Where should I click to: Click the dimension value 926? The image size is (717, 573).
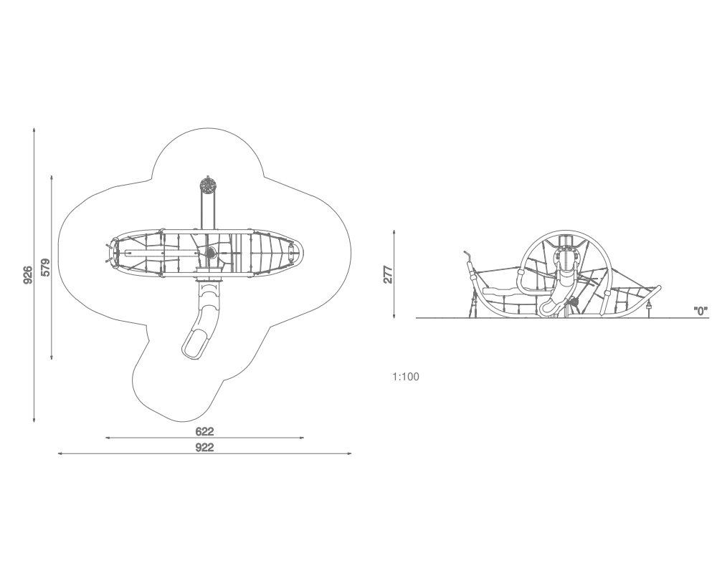pyautogui.click(x=29, y=274)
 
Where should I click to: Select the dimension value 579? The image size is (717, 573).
pyautogui.click(x=45, y=267)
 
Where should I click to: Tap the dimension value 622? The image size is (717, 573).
pyautogui.click(x=204, y=431)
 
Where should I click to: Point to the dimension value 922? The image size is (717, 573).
pyautogui.click(x=204, y=448)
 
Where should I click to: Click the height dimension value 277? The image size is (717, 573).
pyautogui.click(x=388, y=274)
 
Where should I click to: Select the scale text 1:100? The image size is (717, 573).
pyautogui.click(x=406, y=377)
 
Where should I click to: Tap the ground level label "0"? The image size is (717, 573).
pyautogui.click(x=701, y=312)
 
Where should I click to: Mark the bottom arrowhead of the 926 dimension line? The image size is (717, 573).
pyautogui.click(x=34, y=420)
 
